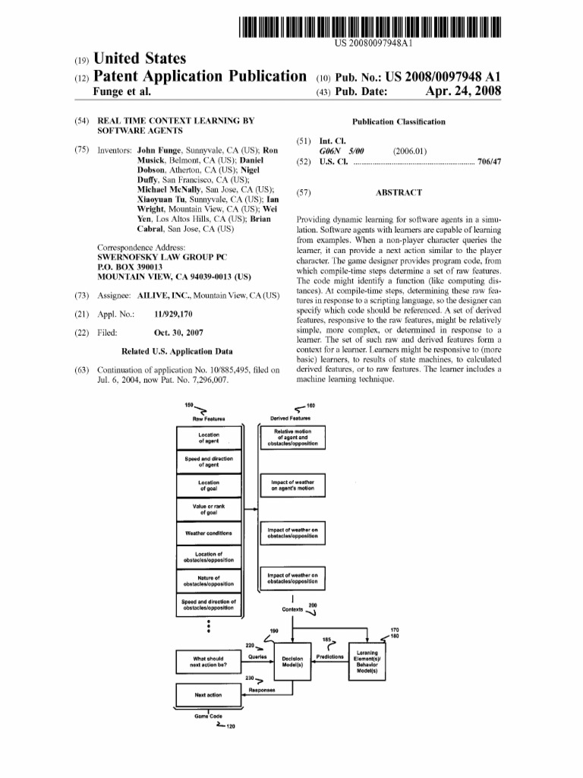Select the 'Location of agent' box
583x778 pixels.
click(x=208, y=438)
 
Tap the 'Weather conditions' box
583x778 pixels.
click(x=208, y=533)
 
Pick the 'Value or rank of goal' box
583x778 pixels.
click(x=208, y=508)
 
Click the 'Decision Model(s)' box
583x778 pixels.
click(x=292, y=662)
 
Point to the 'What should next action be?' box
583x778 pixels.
click(x=208, y=662)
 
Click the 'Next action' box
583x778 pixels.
click(x=208, y=694)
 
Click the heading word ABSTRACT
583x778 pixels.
click(x=399, y=193)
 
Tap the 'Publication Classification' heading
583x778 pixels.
click(x=399, y=122)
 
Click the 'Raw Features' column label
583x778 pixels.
click(x=207, y=418)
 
